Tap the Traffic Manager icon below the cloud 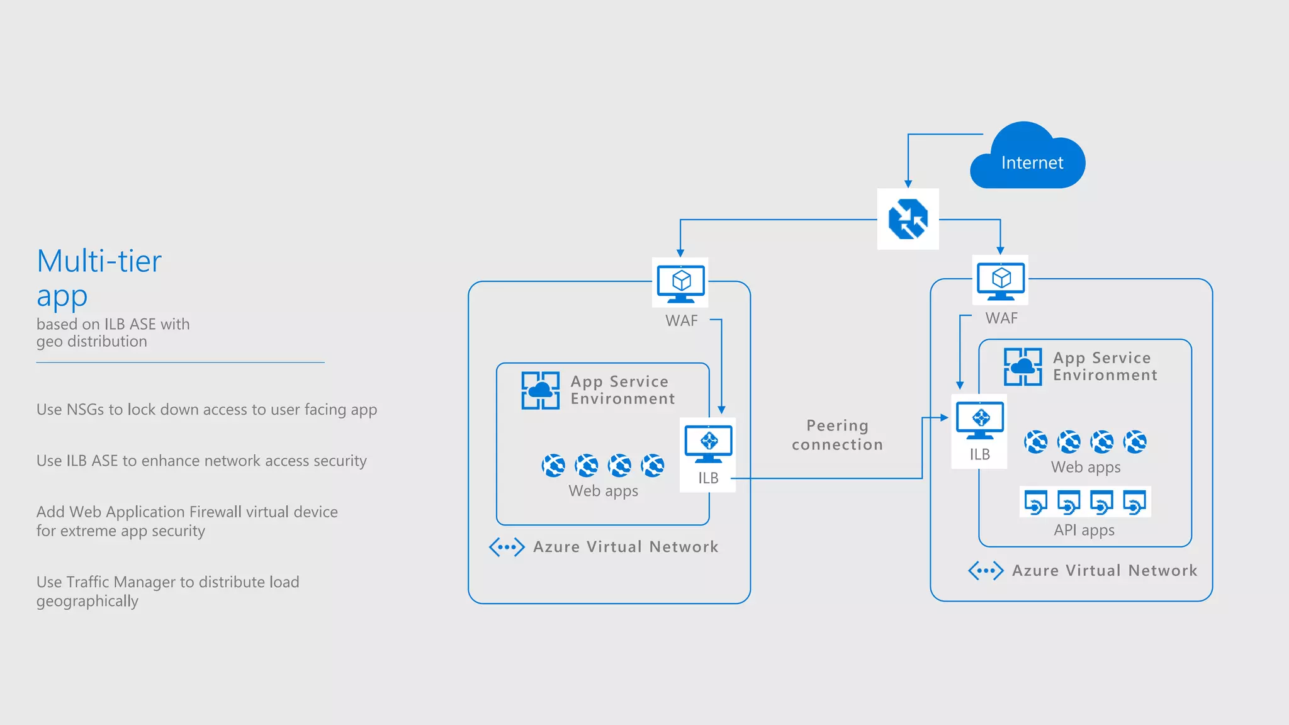point(908,219)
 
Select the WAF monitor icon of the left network point(680,283)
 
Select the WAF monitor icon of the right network point(1001,281)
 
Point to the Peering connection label point(837,435)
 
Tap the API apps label point(1084,530)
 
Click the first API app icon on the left point(1035,502)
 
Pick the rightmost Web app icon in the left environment point(653,466)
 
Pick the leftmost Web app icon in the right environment point(1036,442)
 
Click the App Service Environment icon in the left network point(540,390)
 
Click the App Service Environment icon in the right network point(1023,366)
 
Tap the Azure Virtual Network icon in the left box point(507,547)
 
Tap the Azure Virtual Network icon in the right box point(986,571)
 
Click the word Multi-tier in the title point(99,261)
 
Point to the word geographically point(87,601)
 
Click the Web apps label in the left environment point(603,491)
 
